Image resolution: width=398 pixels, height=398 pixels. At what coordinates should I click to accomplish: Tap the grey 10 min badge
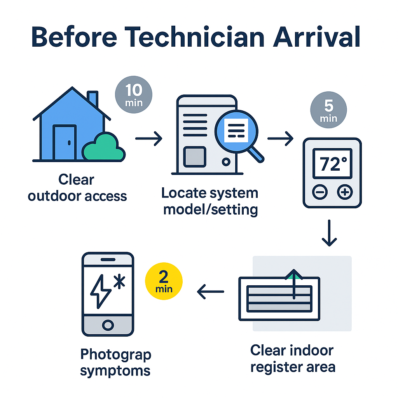134,94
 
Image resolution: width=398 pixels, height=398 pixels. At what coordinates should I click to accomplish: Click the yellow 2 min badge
163,281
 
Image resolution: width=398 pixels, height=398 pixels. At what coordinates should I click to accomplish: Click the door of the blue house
64,142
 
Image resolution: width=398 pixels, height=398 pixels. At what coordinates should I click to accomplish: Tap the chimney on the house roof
93,99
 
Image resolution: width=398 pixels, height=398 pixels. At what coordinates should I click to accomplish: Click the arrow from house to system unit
148,138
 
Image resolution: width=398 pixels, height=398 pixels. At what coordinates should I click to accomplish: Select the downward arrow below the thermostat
329,233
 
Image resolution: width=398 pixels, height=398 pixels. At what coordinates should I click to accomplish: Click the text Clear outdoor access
77,188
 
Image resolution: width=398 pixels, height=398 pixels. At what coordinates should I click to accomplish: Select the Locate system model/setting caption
210,201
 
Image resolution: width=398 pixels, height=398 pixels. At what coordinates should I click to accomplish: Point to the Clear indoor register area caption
292,358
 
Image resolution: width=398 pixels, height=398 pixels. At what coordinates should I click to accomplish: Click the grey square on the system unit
194,157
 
